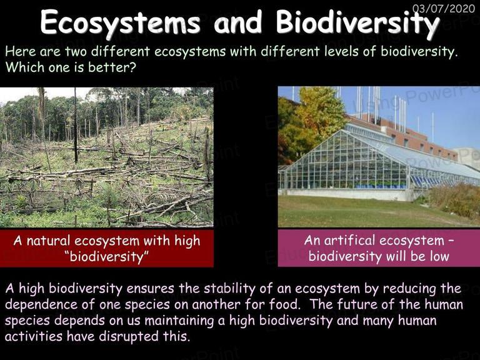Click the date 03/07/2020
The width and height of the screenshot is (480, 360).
coord(444,8)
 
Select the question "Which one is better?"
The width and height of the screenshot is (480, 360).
coord(71,67)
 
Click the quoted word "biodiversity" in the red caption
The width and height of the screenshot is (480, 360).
coord(106,256)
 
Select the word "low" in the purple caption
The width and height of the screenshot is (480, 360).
coord(439,256)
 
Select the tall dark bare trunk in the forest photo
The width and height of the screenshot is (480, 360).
coord(76,126)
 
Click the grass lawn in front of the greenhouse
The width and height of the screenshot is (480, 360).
coord(355,211)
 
